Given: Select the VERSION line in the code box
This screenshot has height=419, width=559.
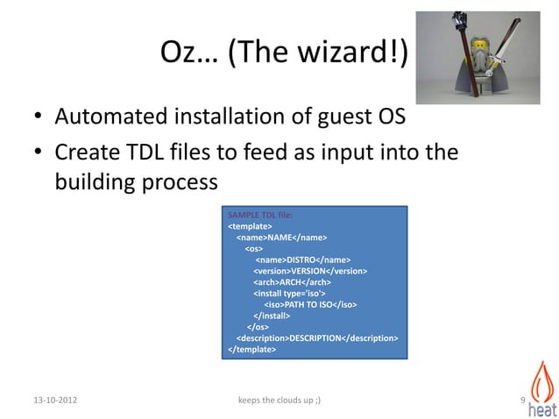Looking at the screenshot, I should click(310, 271).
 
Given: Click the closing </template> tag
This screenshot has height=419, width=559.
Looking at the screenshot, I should click(251, 348).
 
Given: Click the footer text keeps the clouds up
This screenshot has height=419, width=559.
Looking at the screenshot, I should click(279, 401).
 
